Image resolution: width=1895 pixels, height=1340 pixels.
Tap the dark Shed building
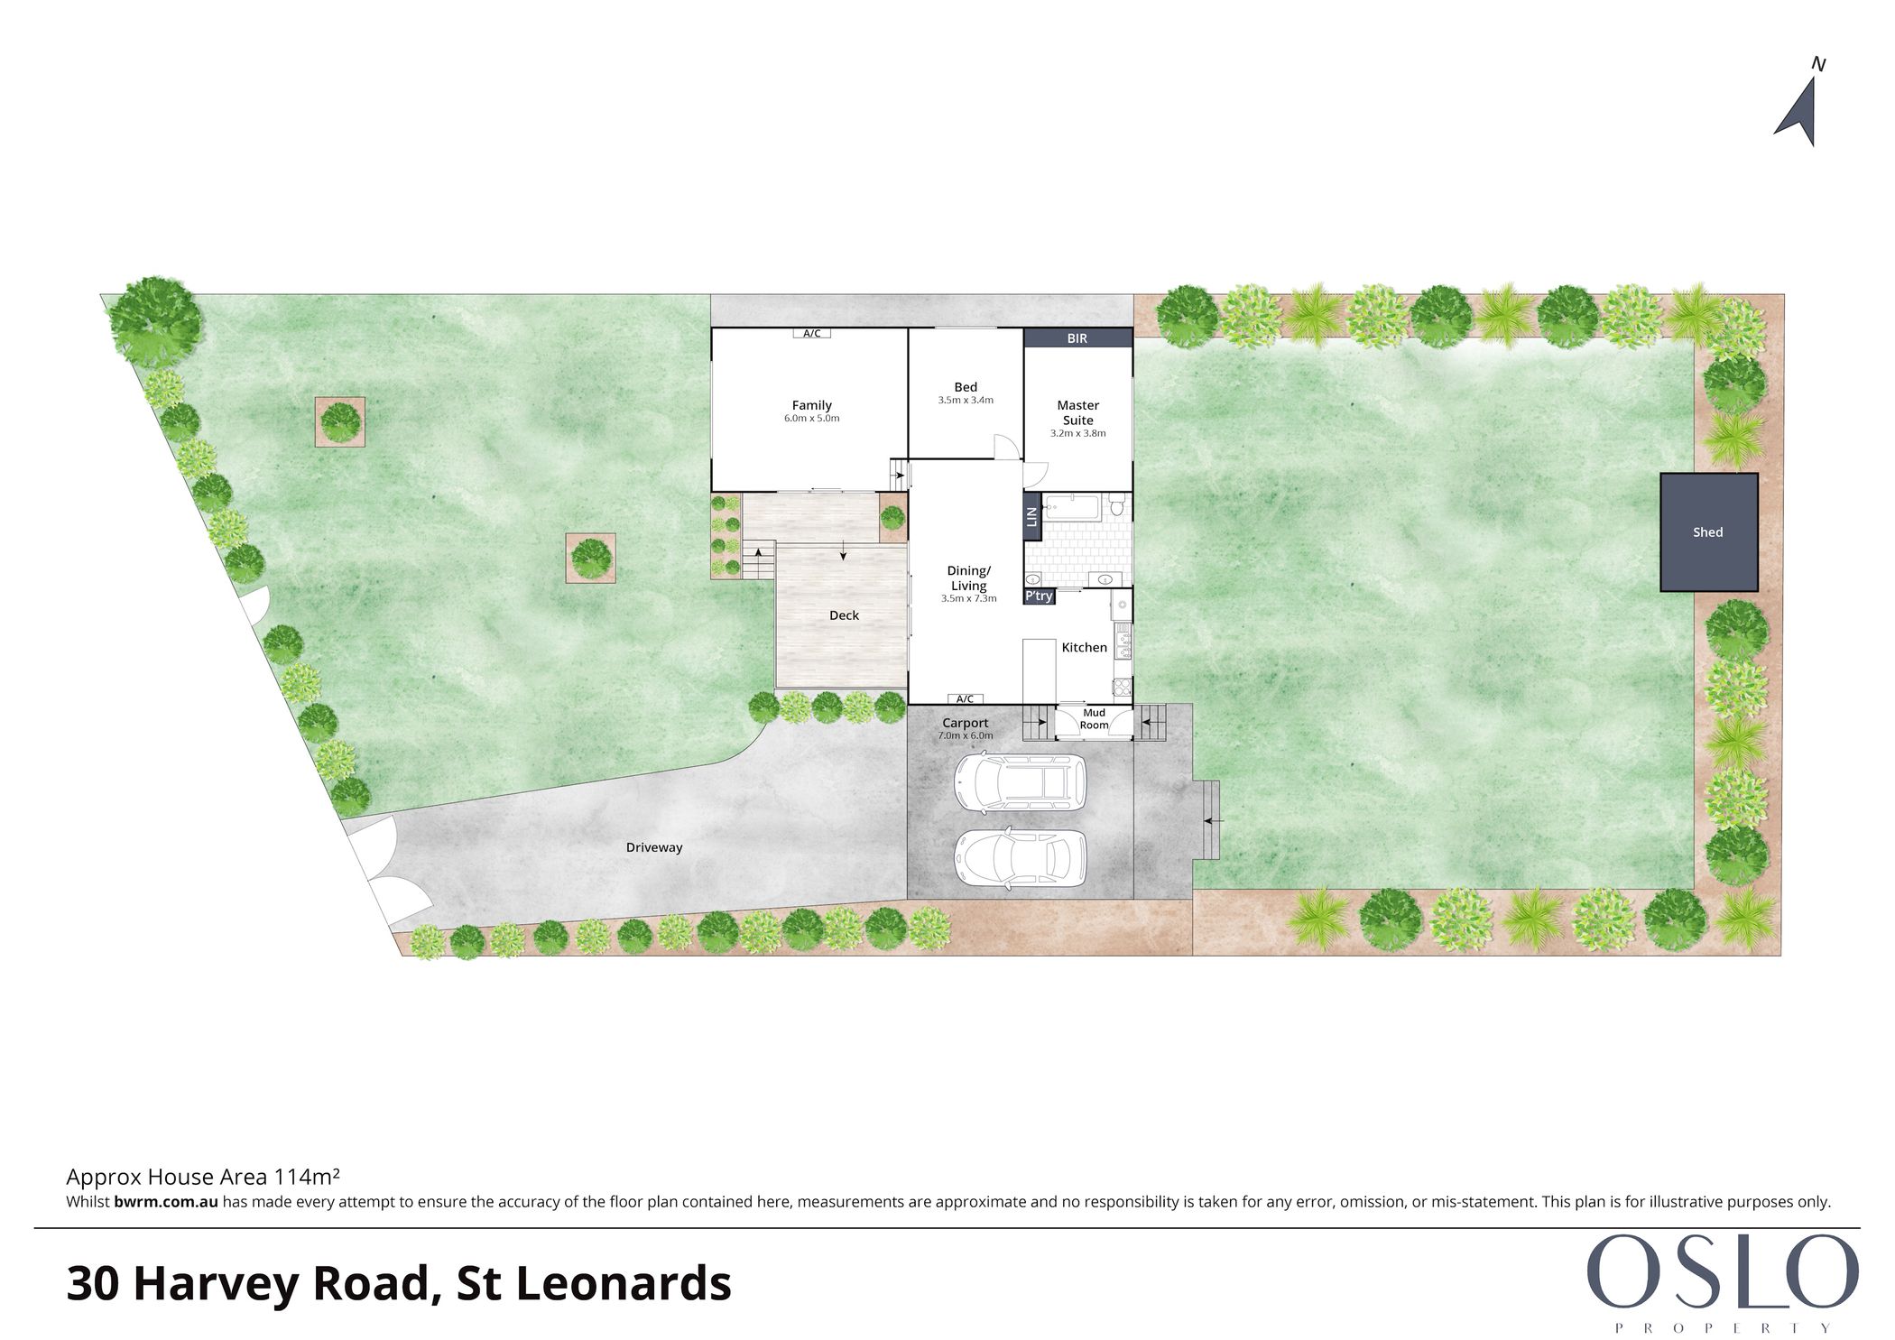1708,532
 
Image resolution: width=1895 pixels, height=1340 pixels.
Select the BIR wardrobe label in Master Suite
1077,338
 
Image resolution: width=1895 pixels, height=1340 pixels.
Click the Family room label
812,406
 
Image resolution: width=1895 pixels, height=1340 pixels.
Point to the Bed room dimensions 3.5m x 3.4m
966,400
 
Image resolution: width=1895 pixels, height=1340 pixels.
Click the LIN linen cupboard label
1032,517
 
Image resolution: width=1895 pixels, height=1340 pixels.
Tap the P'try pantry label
1039,596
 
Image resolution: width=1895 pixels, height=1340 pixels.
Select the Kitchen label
1084,647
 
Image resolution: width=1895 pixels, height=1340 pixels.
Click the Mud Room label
1094,719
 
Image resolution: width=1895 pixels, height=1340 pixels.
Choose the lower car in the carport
1020,859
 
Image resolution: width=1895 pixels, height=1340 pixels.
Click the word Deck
844,615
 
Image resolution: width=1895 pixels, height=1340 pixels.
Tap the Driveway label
654,847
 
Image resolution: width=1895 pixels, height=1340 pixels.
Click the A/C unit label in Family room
812,334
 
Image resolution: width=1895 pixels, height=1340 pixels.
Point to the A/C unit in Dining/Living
965,698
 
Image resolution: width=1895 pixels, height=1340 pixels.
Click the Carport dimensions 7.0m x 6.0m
966,735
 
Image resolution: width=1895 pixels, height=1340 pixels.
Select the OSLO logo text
1722,1272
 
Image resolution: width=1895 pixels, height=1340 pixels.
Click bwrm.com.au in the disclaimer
166,1202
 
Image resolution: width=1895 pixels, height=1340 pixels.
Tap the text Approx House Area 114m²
203,1177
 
